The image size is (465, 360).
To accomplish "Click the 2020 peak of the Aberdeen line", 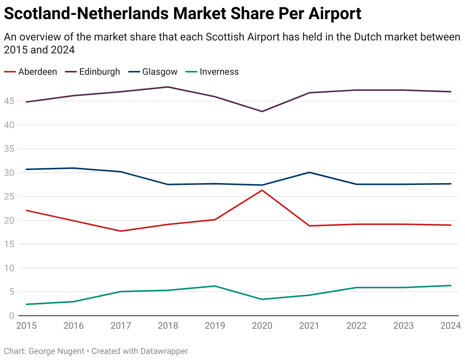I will [x=262, y=190].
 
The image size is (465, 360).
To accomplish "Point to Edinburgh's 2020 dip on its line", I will [x=262, y=111].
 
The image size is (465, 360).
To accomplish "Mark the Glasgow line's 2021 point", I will [x=309, y=172].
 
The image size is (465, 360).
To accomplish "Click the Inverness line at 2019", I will [x=215, y=286].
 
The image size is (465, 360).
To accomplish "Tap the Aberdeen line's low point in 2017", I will [x=121, y=231].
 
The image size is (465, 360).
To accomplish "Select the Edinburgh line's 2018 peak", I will [x=168, y=87].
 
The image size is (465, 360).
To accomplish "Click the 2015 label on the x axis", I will [x=27, y=326].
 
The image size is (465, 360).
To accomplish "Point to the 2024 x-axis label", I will [x=451, y=326].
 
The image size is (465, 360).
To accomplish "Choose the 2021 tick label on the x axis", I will [x=309, y=326].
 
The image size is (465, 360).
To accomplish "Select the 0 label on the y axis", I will [x=11, y=316].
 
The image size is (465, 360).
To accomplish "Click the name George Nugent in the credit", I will [x=56, y=351].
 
